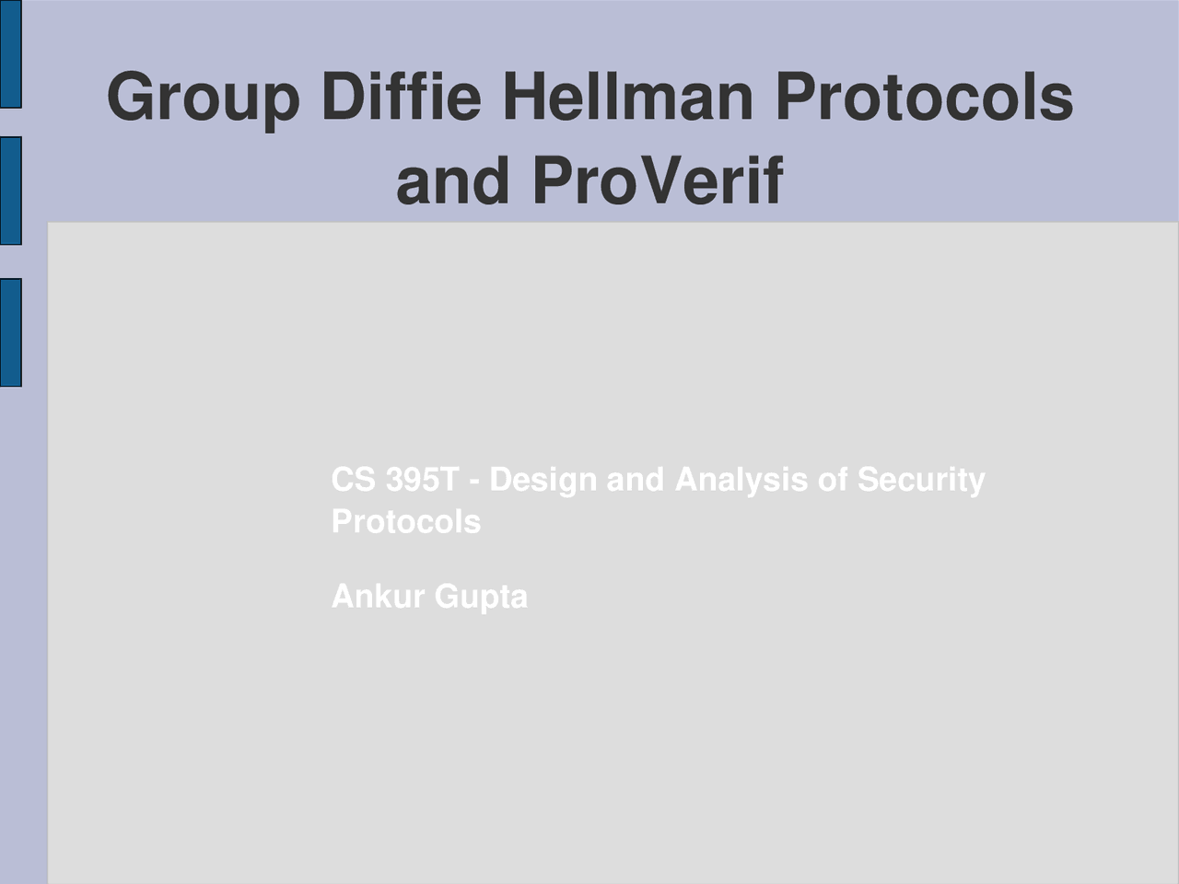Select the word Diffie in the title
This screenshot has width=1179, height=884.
tap(402, 97)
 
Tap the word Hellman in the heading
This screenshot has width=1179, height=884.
tap(627, 97)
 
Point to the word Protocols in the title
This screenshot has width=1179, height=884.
tap(923, 97)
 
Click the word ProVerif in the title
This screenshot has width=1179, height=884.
tap(657, 180)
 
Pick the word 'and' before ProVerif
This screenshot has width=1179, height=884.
tap(452, 180)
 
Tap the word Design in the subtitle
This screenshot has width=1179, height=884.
tap(543, 481)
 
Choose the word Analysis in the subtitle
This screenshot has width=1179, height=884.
tap(741, 481)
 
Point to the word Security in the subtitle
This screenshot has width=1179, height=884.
tap(920, 481)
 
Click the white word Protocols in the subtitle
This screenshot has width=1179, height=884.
tap(405, 522)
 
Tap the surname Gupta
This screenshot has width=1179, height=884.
tap(481, 598)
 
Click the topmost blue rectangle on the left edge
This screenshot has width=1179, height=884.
tap(10, 54)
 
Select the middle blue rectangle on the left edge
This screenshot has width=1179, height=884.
tap(10, 191)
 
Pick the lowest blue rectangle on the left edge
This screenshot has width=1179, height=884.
tap(10, 332)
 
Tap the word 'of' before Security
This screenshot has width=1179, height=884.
tap(832, 480)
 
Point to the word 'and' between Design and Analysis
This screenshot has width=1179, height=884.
tap(635, 480)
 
